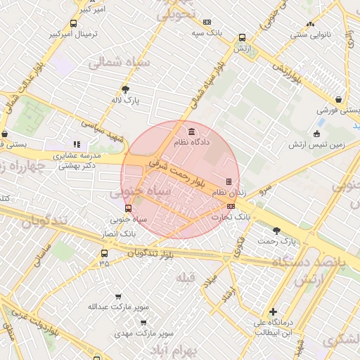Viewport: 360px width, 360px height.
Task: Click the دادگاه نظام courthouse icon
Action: (x=192, y=131)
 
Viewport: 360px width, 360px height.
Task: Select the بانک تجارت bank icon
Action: (x=231, y=206)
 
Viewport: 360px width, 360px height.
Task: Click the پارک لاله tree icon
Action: (x=126, y=89)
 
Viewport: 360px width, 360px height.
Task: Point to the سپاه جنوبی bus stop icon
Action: (x=128, y=208)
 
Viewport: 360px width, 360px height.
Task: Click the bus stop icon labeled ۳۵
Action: (x=104, y=253)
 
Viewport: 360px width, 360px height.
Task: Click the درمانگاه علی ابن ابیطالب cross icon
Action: (x=273, y=311)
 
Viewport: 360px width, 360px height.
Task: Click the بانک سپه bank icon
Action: (x=207, y=22)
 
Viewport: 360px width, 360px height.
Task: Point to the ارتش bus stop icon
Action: (x=243, y=37)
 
